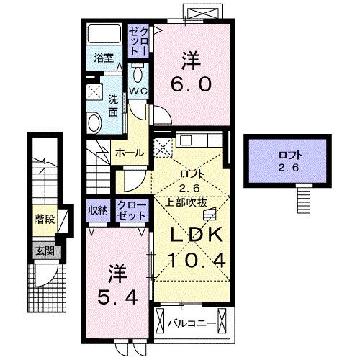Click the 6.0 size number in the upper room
pos(190,84)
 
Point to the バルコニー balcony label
pos(192,323)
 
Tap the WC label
pos(138,91)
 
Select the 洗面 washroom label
pos(114,104)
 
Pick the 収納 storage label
pos(98,210)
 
